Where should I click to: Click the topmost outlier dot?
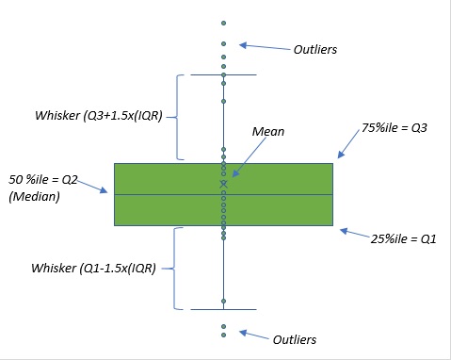click(x=223, y=22)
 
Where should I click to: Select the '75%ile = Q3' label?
click(x=395, y=127)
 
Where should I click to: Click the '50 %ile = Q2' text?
click(x=46, y=179)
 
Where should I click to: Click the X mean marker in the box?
click(x=223, y=184)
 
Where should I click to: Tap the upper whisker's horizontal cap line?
click(x=223, y=74)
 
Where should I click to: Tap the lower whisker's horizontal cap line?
click(x=223, y=309)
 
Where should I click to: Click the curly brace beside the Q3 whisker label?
click(x=179, y=116)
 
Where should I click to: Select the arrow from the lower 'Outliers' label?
click(x=254, y=335)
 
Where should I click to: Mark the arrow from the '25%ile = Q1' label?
click(x=354, y=232)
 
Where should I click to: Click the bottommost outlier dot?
click(x=223, y=334)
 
